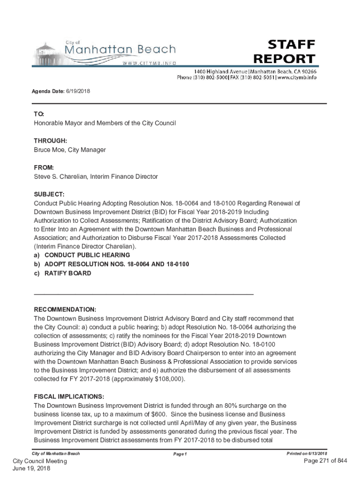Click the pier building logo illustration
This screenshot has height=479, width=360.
(47, 53)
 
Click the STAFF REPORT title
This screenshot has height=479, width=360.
(284, 51)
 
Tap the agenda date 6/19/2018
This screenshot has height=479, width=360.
(78, 91)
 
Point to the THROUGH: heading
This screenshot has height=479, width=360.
(50, 141)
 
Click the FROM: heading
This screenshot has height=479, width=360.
(44, 167)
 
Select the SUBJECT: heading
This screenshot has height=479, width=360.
(49, 194)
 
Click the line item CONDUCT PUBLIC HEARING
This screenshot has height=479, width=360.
(87, 255)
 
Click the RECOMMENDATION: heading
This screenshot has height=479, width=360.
(65, 310)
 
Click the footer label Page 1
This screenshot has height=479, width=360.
(180, 454)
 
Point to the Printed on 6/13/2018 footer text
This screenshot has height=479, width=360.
(307, 454)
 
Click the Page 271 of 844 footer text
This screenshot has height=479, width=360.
(325, 461)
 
